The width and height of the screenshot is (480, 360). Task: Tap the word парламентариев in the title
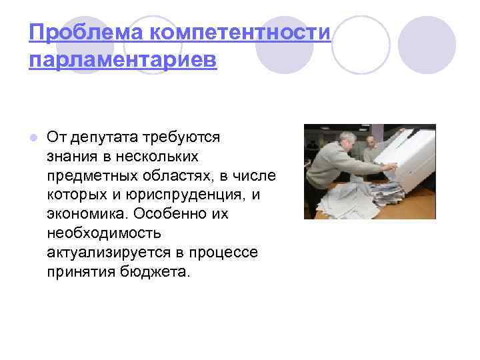point(123,60)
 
